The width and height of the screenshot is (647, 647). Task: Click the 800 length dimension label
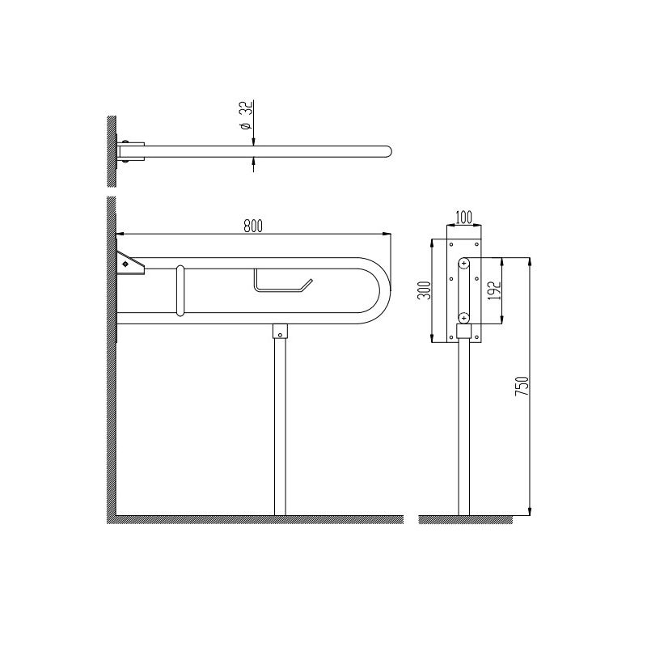[x=253, y=226]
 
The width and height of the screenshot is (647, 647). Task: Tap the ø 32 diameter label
[x=247, y=116]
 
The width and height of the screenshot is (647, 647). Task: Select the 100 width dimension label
[x=463, y=216]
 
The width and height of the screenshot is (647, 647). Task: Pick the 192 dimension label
[x=495, y=290]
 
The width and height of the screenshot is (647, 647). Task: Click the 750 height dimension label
[x=522, y=387]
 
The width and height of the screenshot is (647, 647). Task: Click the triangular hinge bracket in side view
[x=130, y=264]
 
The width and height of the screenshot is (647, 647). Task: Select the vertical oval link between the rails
[x=180, y=291]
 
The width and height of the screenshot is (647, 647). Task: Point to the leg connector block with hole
[x=280, y=332]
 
